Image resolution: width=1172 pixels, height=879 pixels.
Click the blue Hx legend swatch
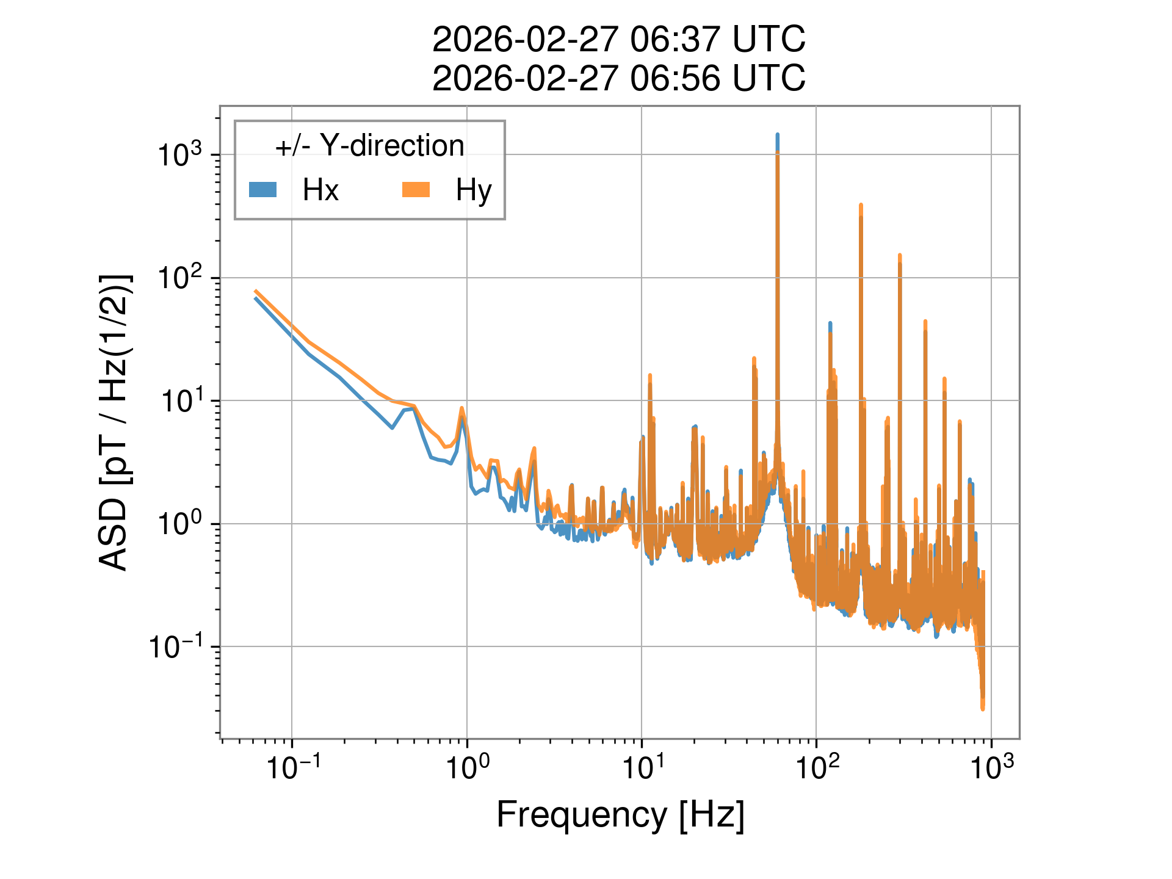click(x=262, y=190)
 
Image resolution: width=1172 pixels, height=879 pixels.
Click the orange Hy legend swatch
click(x=416, y=190)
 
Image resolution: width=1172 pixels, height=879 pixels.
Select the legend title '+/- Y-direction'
click(x=369, y=146)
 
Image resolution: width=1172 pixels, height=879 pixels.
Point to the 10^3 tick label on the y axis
click(x=180, y=155)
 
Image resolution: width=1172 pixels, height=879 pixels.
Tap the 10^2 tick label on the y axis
click(x=180, y=278)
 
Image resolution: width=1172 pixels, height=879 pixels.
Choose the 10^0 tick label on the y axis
click(x=180, y=524)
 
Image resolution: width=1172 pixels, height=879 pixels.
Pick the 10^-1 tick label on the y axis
click(x=177, y=647)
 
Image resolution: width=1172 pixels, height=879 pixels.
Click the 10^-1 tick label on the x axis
click(x=292, y=768)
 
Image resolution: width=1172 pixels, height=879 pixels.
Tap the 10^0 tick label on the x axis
click(x=467, y=768)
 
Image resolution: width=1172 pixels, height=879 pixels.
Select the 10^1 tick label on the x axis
click(x=642, y=768)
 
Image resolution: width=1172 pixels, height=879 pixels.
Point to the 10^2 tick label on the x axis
click(x=817, y=768)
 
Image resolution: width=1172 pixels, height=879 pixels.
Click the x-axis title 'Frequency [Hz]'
click(x=620, y=814)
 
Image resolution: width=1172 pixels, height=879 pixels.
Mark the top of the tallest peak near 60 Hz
click(x=777, y=135)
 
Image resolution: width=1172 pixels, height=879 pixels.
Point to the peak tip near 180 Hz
click(x=861, y=205)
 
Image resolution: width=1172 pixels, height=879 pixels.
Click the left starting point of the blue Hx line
click(x=256, y=298)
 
